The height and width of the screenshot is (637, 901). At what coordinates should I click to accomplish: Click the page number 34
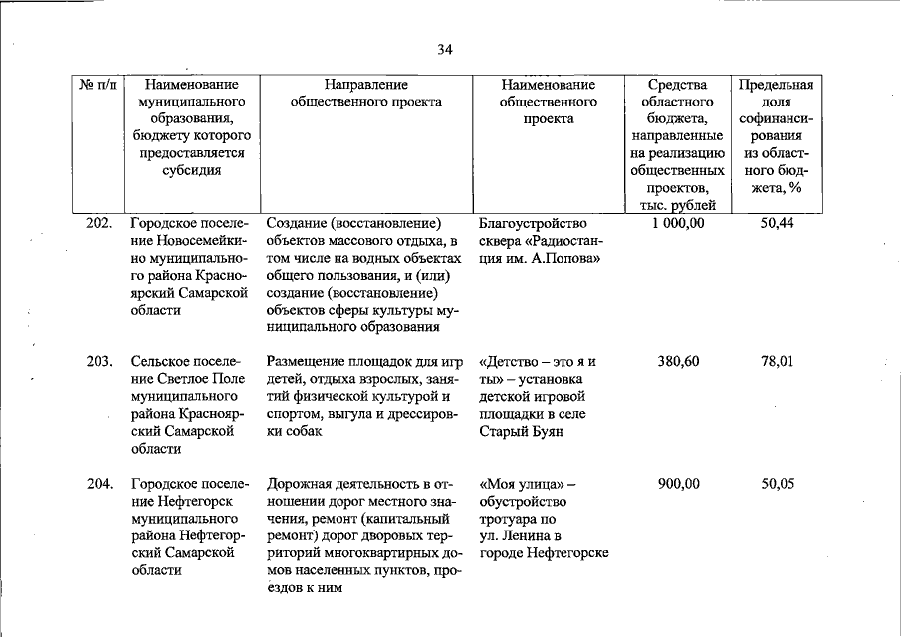pyautogui.click(x=445, y=50)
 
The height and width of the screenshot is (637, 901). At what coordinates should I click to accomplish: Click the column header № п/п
pyautogui.click(x=97, y=85)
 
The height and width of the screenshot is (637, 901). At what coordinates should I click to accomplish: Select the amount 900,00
pyautogui.click(x=678, y=484)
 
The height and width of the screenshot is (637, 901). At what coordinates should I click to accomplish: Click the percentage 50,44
pyautogui.click(x=777, y=223)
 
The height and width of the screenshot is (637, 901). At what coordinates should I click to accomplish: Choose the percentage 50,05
pyautogui.click(x=777, y=484)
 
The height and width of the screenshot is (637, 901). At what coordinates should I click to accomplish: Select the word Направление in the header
pyautogui.click(x=365, y=85)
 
